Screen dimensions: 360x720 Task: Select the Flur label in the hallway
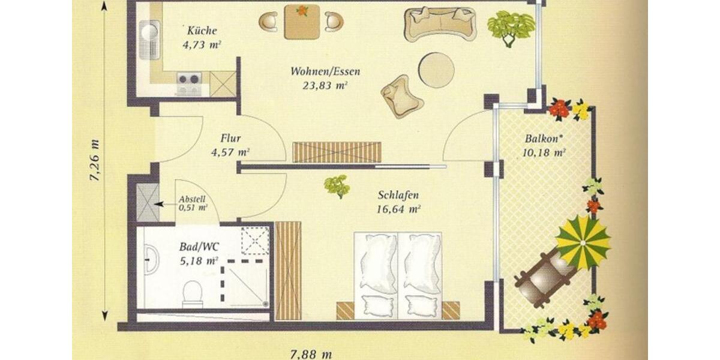(x=230, y=139)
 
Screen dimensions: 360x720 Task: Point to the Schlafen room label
(x=398, y=196)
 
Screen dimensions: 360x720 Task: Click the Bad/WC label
(x=199, y=247)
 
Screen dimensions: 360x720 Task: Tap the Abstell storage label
(x=192, y=200)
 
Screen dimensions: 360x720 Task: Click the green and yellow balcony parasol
(x=583, y=242)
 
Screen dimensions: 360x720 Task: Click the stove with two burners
(x=188, y=79)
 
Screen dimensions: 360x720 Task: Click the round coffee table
(x=436, y=70)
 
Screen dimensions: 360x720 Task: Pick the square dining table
(x=301, y=22)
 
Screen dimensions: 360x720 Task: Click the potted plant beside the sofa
(x=510, y=26)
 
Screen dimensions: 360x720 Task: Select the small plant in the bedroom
(x=337, y=185)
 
